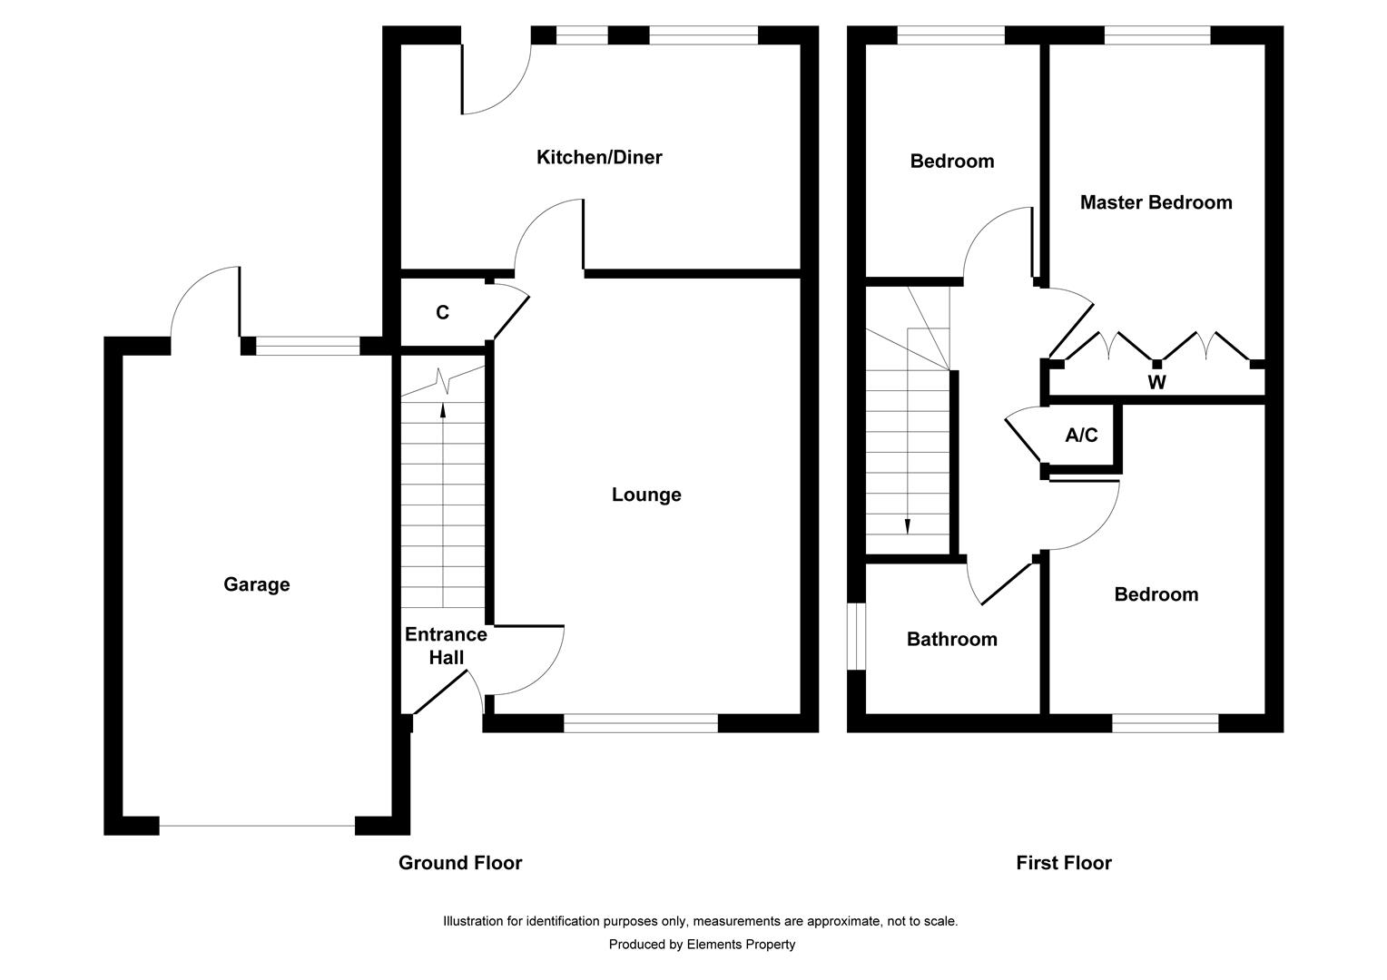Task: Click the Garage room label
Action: tap(257, 585)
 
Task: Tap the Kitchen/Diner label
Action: tap(599, 158)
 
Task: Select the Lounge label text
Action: tap(645, 495)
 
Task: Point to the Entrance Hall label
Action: tap(446, 646)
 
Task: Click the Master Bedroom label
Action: tap(1156, 203)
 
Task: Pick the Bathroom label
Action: tap(951, 640)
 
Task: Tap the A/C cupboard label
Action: tap(1081, 436)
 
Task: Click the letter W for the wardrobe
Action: tap(1156, 383)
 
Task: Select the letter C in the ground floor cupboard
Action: tap(442, 313)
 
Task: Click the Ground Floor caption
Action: tap(460, 863)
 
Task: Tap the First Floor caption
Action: tap(1063, 863)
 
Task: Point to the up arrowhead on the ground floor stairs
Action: tap(443, 409)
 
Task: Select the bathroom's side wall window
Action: tap(855, 636)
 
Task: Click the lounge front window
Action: tap(641, 723)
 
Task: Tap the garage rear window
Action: tap(308, 346)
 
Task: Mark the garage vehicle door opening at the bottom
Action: tap(257, 826)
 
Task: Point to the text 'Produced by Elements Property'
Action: tap(702, 945)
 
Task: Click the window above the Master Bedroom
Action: tap(1157, 35)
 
